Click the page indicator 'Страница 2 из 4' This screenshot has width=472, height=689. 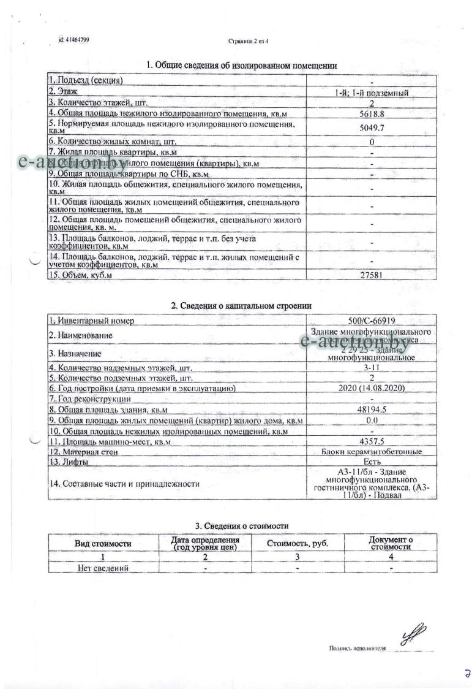248,42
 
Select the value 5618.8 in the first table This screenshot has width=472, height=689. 372,113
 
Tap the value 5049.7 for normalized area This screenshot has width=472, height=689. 372,128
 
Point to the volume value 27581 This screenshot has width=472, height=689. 372,275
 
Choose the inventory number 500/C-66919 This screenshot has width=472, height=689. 372,320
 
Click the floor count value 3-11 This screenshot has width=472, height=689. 372,368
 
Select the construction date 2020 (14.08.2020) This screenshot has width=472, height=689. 372,389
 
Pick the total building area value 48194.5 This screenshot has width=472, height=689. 372,409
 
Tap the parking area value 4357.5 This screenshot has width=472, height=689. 372,441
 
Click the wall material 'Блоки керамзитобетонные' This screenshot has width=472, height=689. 372,452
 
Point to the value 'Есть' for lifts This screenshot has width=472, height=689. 372,462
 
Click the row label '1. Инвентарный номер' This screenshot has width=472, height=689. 92,320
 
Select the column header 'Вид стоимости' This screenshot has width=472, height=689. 103,543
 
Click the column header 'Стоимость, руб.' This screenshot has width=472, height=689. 298,543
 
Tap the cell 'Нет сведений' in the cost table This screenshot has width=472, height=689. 103,568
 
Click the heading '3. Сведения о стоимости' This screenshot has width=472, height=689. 242,526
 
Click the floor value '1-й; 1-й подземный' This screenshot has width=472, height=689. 372,93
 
